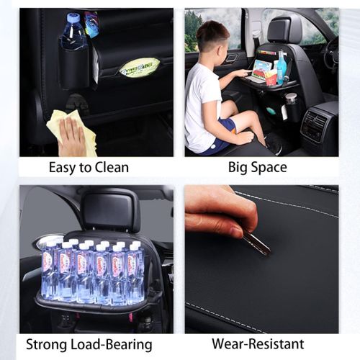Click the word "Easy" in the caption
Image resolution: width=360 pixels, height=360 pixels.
coord(62,168)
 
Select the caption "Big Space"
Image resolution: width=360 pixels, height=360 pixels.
coord(257,168)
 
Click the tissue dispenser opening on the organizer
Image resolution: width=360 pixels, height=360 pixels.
coord(140,67)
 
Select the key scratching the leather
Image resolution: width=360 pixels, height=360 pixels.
coord(255,243)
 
